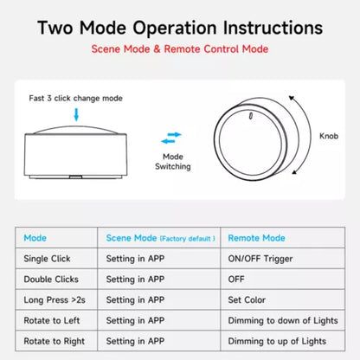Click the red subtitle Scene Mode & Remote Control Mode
pyautogui.click(x=180, y=49)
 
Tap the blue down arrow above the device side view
pyautogui.click(x=76, y=114)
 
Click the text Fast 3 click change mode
pyautogui.click(x=75, y=99)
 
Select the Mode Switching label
pyautogui.click(x=173, y=162)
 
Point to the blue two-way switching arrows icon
pyautogui.click(x=171, y=138)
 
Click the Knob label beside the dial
pyautogui.click(x=329, y=136)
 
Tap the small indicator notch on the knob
pyautogui.click(x=251, y=116)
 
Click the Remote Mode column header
pyautogui.click(x=256, y=238)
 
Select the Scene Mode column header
pyautogui.click(x=160, y=238)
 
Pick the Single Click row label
pyautogui.click(x=47, y=259)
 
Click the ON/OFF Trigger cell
pyautogui.click(x=260, y=259)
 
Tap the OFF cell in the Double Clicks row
pyautogui.click(x=236, y=280)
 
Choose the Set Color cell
pyautogui.click(x=247, y=300)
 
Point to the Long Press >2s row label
pyautogui.click(x=55, y=300)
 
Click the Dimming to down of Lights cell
pyautogui.click(x=283, y=320)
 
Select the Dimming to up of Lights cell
pyautogui.click(x=277, y=341)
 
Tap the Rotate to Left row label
pyautogui.click(x=52, y=320)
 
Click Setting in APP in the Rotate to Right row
pyautogui.click(x=135, y=341)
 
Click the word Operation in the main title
pyautogui.click(x=175, y=28)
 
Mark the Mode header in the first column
pyautogui.click(x=35, y=238)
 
